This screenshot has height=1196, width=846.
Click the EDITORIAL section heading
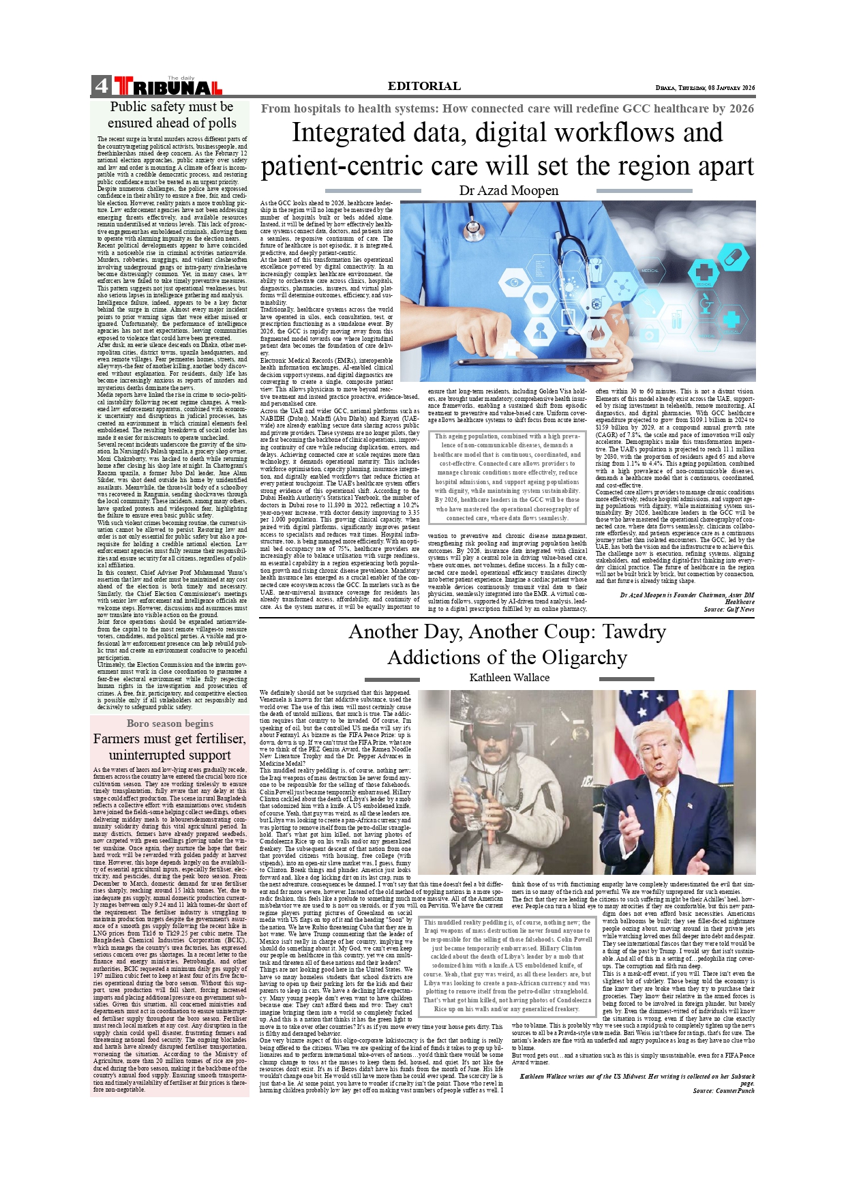[424, 86]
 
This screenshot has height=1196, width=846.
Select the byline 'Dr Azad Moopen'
[509, 191]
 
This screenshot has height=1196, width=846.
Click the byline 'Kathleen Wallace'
[509, 678]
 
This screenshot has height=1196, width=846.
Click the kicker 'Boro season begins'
[170, 723]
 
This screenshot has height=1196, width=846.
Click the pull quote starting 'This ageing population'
[507, 477]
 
